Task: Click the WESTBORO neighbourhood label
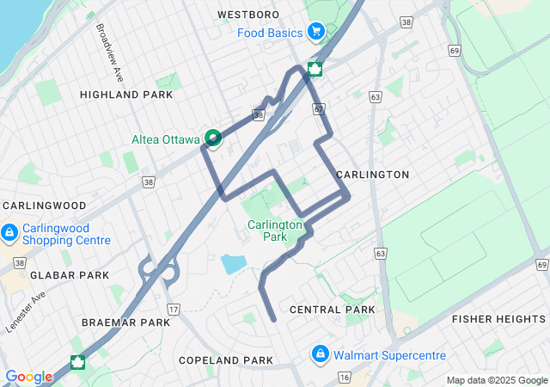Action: point(248,15)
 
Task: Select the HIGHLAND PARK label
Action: point(115,94)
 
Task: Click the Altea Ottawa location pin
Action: point(211,137)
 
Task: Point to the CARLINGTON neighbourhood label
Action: point(373,175)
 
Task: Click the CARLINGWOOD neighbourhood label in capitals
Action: point(45,206)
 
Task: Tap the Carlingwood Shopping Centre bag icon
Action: point(10,232)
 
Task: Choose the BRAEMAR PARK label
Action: point(126,322)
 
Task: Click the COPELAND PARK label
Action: point(224,359)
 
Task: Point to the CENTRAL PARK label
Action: point(333,309)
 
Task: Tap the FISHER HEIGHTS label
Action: point(498,319)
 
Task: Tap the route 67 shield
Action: point(319,110)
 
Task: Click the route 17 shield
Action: point(174,309)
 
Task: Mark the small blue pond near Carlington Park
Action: point(233,263)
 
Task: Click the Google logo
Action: point(29,377)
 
